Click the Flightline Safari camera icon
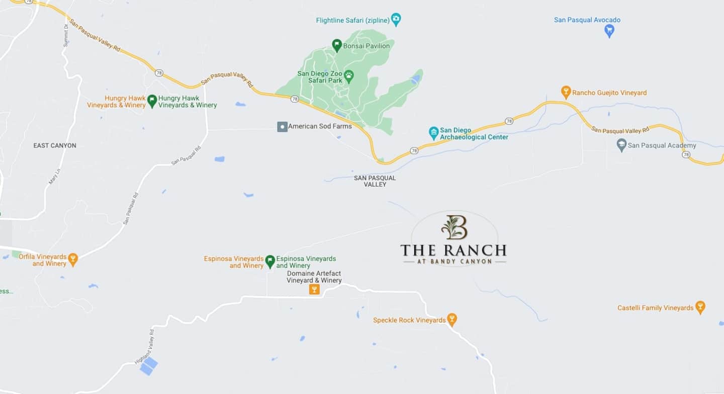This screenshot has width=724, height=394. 396,20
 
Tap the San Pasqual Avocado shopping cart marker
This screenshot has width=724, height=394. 609,31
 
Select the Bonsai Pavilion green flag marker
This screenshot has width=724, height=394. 337,45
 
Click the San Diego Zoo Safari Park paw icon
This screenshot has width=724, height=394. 348,76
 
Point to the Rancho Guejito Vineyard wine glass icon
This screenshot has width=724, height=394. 566,92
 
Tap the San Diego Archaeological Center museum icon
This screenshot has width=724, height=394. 433,133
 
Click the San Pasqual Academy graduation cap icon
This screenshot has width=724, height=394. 621,145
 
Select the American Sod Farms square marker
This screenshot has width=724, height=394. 283,126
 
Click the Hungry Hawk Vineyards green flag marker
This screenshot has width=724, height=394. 152,101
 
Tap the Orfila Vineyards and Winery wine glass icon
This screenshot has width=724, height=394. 73,260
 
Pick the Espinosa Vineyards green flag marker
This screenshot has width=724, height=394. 270,262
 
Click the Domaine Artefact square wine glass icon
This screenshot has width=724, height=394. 314,289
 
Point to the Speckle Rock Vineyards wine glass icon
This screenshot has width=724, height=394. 452,320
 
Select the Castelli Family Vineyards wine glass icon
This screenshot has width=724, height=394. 700,307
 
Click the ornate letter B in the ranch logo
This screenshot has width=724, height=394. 454,227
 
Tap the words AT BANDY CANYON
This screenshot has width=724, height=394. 454,262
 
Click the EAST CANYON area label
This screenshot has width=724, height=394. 55,145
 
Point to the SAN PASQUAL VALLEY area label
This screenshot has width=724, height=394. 375,181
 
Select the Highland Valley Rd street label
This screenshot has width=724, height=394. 144,347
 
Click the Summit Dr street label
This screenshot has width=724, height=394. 66,35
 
